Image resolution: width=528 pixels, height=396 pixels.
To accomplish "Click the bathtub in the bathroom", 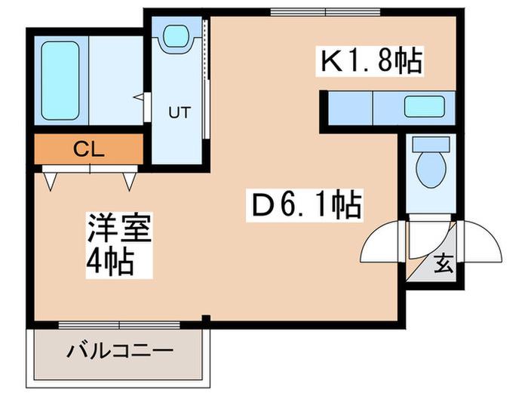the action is [x=60, y=81].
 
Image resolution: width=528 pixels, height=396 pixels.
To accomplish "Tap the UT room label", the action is [x=180, y=112].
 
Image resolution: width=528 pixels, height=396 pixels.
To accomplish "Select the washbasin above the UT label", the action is [x=176, y=35].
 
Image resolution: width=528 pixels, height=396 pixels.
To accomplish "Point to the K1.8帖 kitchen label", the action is [x=371, y=61].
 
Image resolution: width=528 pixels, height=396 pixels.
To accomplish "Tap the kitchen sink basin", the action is [x=424, y=106].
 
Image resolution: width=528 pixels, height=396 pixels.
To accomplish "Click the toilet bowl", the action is [x=431, y=169].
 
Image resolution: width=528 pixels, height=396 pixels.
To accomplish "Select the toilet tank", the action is [x=431, y=144].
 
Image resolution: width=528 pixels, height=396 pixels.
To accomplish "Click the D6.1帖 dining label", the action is [x=306, y=204].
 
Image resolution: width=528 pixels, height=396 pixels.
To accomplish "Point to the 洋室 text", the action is [x=118, y=228].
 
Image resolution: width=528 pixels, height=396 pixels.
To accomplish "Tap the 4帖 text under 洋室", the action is [x=109, y=262].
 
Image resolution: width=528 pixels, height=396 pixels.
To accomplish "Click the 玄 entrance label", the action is [x=443, y=262].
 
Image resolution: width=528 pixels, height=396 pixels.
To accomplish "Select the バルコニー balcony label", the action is [x=119, y=351].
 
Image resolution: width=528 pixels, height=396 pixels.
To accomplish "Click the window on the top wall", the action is [x=325, y=12].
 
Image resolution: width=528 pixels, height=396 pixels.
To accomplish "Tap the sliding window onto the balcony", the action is [x=119, y=325].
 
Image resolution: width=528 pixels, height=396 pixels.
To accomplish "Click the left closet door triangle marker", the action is [x=51, y=181].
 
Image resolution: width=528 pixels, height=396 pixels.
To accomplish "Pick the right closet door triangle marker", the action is [x=130, y=181].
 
